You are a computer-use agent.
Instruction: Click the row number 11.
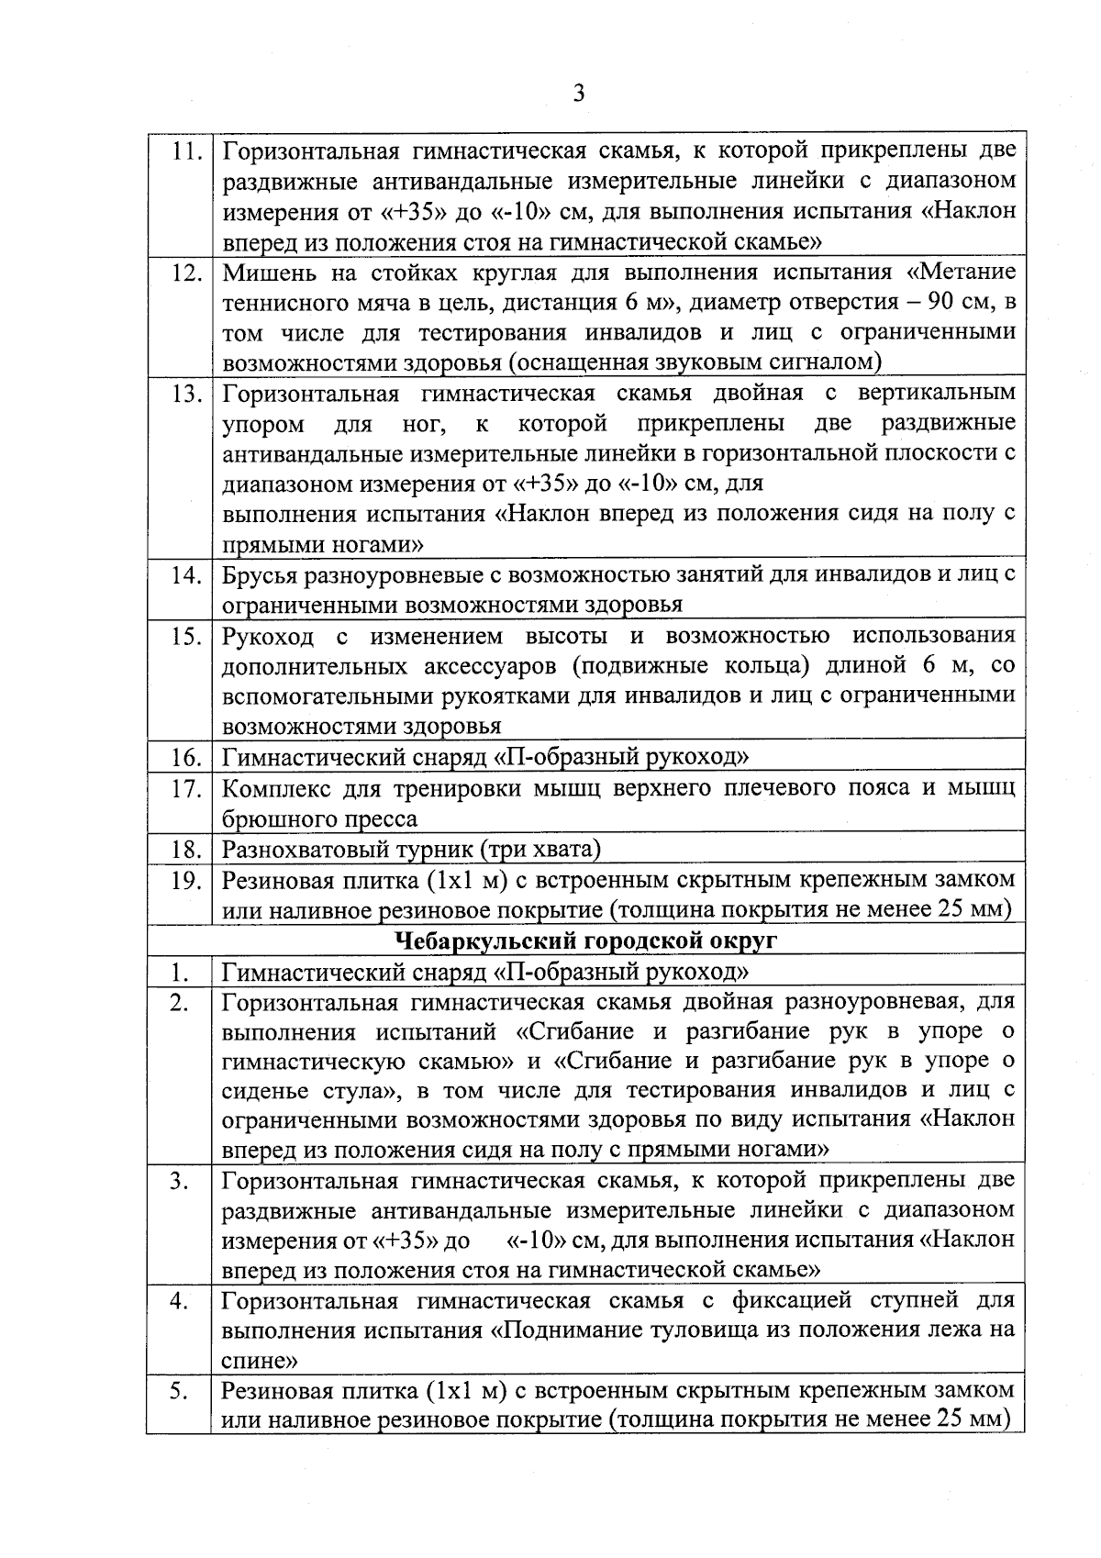pos(187,152)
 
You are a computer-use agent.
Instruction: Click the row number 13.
pos(187,395)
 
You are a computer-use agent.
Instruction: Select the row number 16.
pos(187,758)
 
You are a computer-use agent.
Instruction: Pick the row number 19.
pos(187,880)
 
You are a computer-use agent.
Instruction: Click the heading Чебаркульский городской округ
pos(585,940)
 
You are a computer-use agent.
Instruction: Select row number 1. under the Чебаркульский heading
pos(180,971)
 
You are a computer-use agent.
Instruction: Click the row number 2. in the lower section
pos(178,1001)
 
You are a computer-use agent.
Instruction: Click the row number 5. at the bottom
pos(178,1392)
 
